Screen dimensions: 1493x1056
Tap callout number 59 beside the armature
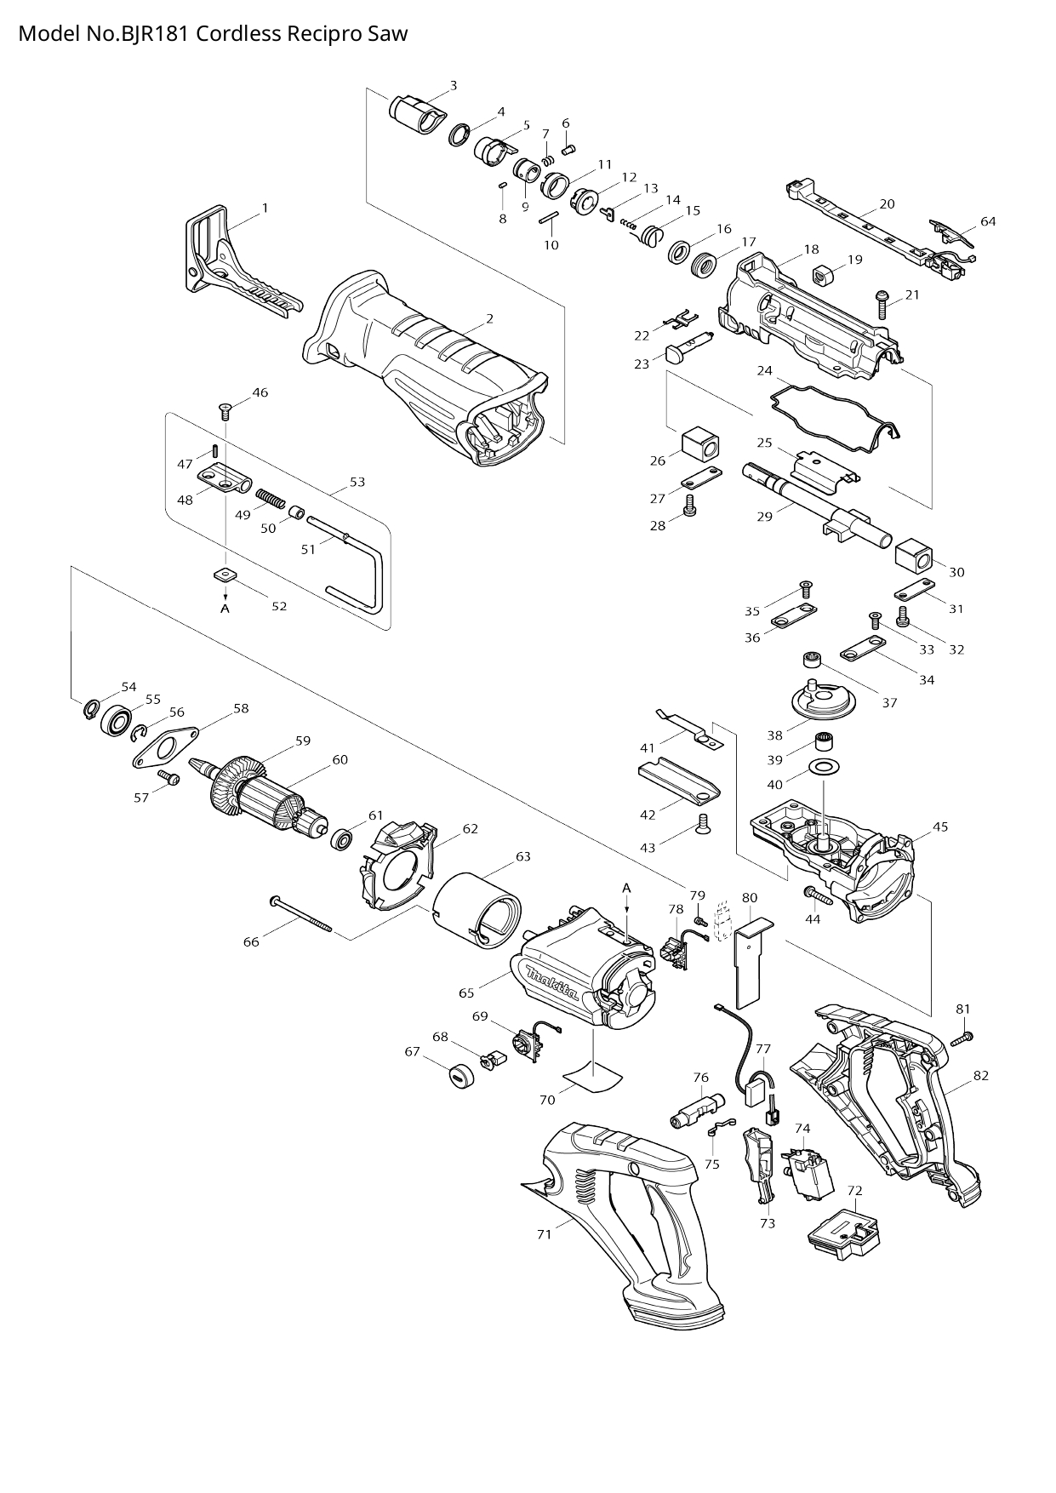pyautogui.click(x=303, y=741)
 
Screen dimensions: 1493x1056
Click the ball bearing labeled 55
pyautogui.click(x=115, y=720)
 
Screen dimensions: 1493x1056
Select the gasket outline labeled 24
pyautogui.click(x=834, y=411)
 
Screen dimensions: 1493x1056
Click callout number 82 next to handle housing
pyautogui.click(x=981, y=1075)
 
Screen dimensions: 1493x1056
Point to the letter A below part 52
pyautogui.click(x=225, y=609)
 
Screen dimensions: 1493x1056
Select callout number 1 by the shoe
pyautogui.click(x=265, y=208)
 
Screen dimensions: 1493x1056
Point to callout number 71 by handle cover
pyautogui.click(x=545, y=1233)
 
